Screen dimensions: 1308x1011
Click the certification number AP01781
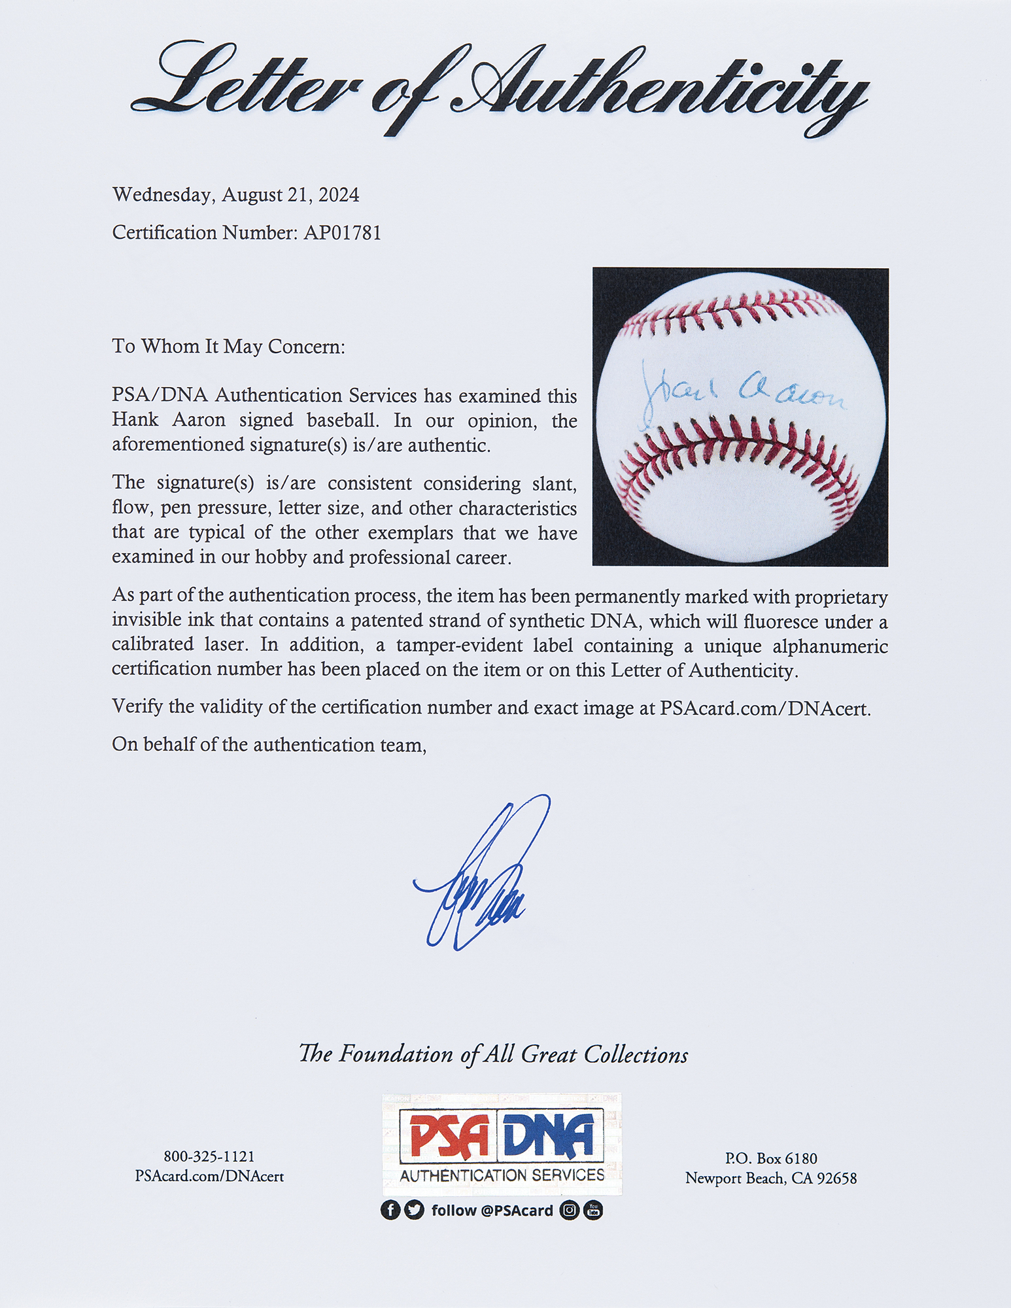pos(341,233)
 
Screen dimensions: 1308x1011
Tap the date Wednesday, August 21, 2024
pos(235,195)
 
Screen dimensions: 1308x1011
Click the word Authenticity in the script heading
pos(660,92)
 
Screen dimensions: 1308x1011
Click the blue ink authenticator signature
pos(481,876)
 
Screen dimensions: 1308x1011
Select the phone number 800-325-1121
pos(209,1157)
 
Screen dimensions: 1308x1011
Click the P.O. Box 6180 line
pos(770,1158)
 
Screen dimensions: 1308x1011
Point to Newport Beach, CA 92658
pos(770,1178)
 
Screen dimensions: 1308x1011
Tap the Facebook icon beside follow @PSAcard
pos(390,1211)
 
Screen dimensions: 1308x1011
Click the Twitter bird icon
pos(414,1211)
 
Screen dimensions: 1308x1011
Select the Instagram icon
pos(570,1211)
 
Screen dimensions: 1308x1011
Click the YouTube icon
pos(593,1211)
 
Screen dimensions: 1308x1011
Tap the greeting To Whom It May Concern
pos(228,346)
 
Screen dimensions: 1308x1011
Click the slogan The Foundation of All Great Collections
pos(493,1054)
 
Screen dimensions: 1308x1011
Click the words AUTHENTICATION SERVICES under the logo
pos(502,1175)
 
